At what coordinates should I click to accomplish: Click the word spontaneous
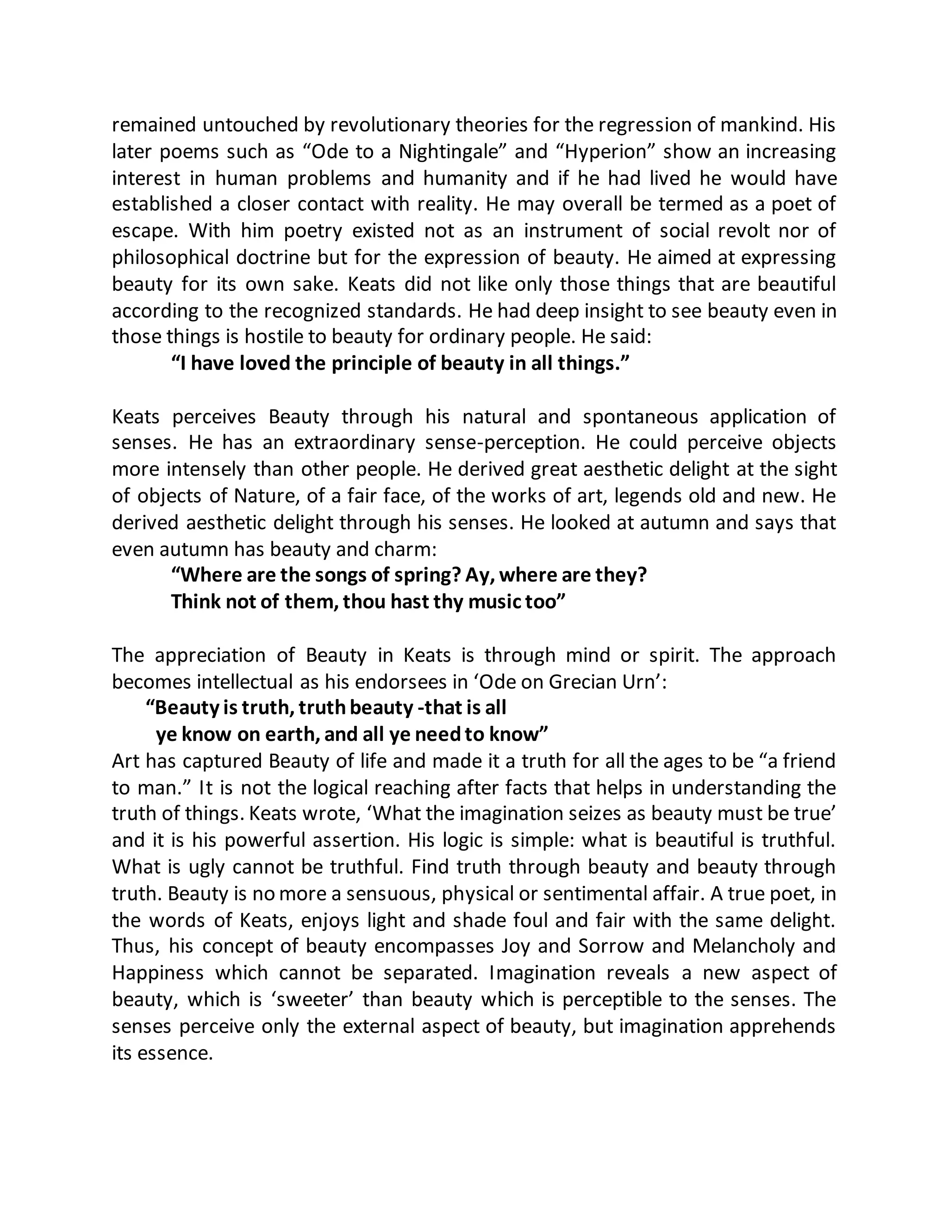pyautogui.click(x=640, y=417)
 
